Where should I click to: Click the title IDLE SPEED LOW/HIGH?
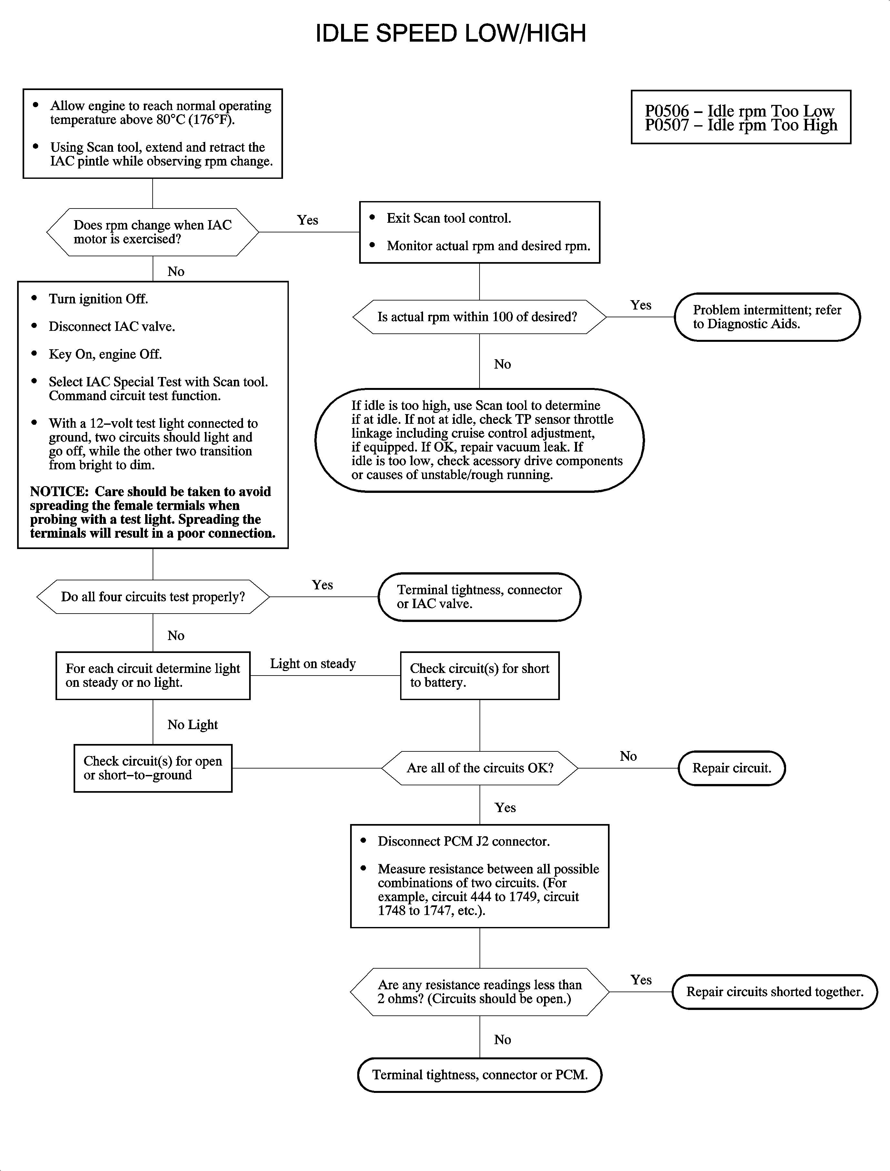coord(450,33)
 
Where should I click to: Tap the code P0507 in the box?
coord(666,126)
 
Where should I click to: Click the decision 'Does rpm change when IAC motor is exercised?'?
coord(153,232)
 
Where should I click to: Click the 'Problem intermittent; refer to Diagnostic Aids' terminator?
coord(766,317)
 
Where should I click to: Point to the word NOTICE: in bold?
coord(59,492)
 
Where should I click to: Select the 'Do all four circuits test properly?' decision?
coord(153,596)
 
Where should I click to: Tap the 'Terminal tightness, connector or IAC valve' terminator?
coord(479,596)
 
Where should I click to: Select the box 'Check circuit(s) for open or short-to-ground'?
coord(153,768)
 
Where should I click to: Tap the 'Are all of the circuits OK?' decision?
coord(480,768)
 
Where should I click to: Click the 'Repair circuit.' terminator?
coord(731,768)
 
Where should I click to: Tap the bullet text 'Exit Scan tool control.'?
coord(449,218)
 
